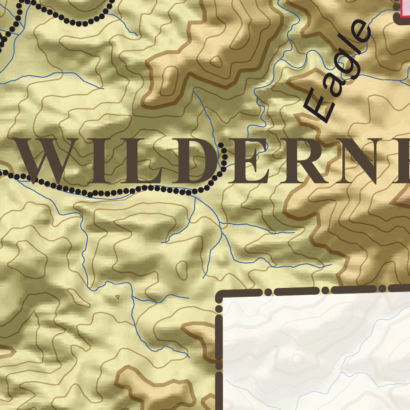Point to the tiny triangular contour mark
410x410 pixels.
point(117,297)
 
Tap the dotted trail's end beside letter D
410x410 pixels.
point(221,145)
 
